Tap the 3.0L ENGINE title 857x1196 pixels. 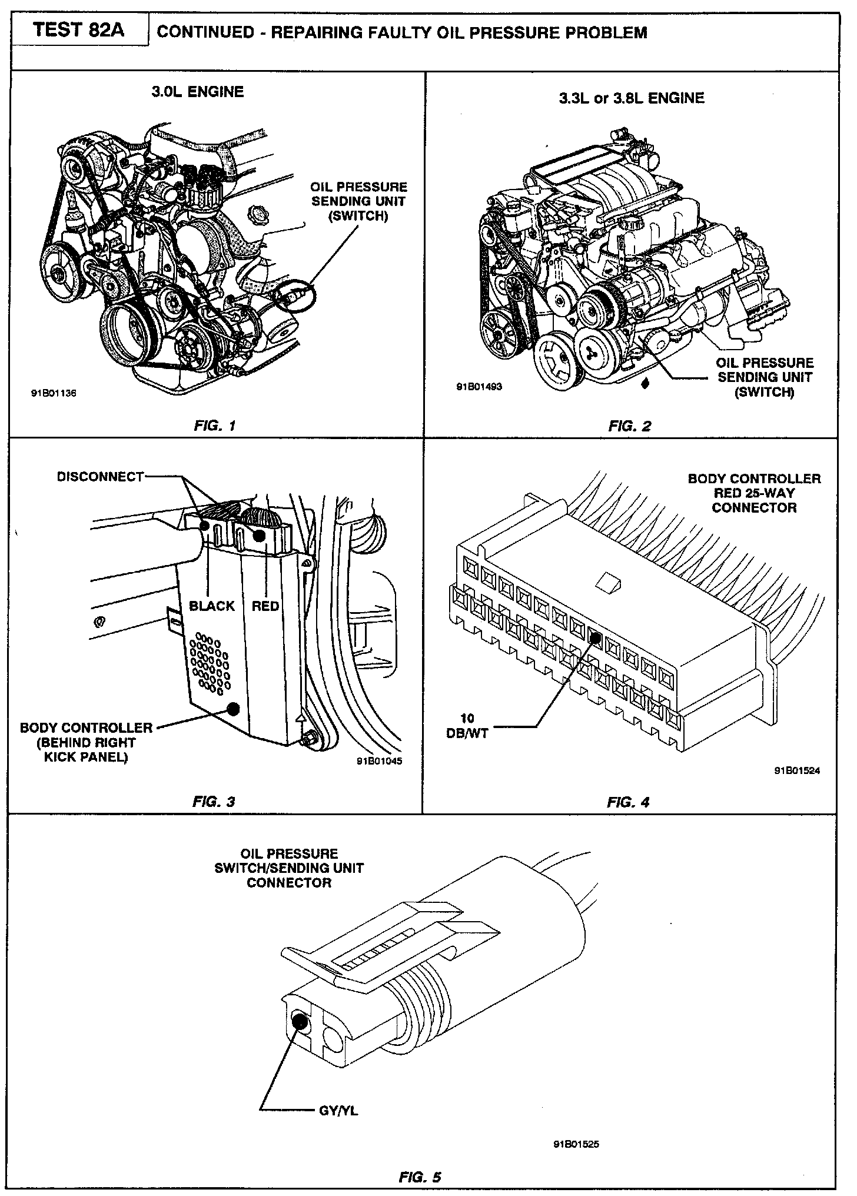tap(197, 92)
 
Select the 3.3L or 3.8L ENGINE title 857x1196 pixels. tap(632, 98)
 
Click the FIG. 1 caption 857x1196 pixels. tap(215, 426)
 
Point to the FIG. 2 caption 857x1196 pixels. tap(629, 426)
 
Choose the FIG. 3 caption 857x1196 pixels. tap(214, 801)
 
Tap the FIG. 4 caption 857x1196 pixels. tap(628, 801)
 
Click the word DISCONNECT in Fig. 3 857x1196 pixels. tap(100, 477)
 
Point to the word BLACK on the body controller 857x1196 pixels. tap(212, 606)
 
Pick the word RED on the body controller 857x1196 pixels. tap(265, 606)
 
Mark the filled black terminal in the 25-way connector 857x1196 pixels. tap(594, 637)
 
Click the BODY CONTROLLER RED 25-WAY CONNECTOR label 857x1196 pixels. tap(754, 493)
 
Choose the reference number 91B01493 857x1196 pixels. tap(479, 387)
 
